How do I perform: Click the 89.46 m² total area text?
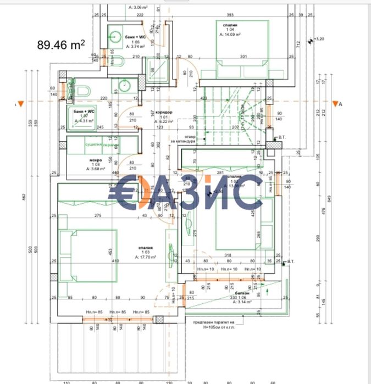pos(61,44)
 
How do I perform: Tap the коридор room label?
pos(164,112)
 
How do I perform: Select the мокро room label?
pos(95,161)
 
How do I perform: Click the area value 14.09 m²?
pos(230,34)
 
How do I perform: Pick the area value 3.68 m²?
pos(95,169)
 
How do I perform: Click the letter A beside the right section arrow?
pos(341,104)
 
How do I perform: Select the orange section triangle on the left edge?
pos(20,104)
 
